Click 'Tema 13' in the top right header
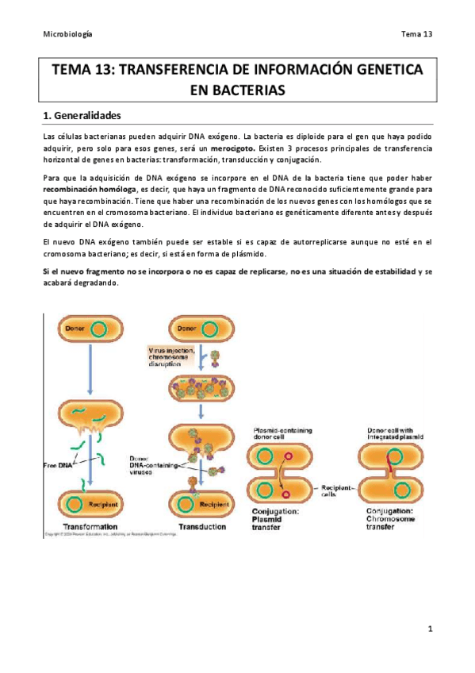point(416,34)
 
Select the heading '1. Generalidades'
point(91,116)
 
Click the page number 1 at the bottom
point(429,630)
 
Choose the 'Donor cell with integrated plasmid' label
point(389,434)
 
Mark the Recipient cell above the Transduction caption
point(201,503)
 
